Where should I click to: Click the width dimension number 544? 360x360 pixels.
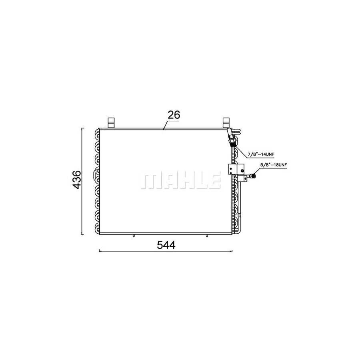coord(166,245)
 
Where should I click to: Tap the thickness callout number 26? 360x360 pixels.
coord(174,115)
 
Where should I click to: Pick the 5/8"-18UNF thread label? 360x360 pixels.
coord(274,165)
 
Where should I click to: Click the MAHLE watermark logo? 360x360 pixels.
coord(180,180)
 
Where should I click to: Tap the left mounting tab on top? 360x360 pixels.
coord(111,123)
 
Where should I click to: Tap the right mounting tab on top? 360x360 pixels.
coord(226,123)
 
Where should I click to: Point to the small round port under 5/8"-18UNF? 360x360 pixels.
coord(254,176)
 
